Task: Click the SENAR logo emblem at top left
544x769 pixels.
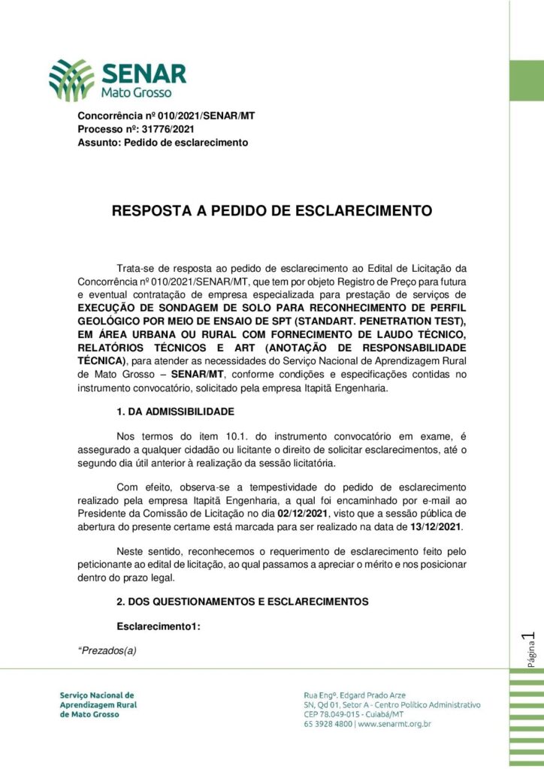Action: click(71, 80)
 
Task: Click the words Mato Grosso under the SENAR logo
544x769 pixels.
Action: click(137, 93)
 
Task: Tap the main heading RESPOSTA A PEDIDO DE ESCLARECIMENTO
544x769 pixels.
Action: click(272, 211)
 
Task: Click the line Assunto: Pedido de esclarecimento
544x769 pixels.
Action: click(163, 142)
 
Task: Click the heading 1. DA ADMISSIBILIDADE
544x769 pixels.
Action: click(175, 412)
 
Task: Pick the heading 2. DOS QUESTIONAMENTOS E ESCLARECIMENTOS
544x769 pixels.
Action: click(243, 602)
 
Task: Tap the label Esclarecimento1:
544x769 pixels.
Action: click(159, 626)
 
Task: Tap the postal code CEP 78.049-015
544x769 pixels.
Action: click(334, 715)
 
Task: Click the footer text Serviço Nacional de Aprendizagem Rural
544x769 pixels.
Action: click(98, 705)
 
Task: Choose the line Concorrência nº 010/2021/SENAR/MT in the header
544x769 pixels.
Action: click(166, 116)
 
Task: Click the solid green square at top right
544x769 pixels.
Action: click(526, 80)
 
